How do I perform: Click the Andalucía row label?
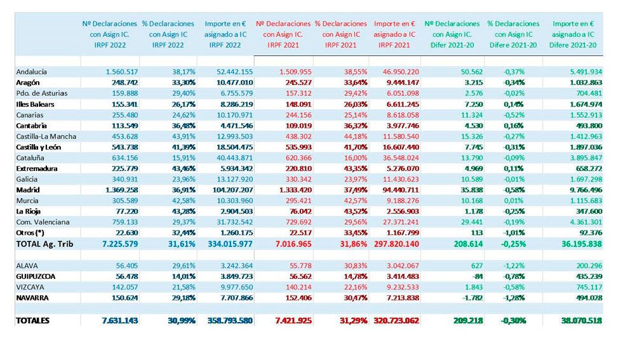tap(31, 72)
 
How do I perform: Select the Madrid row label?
tap(27, 190)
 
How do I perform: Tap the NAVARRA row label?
tap(33, 297)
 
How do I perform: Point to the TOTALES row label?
tap(32, 321)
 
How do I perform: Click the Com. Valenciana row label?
tap(44, 222)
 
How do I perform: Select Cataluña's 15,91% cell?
tap(180, 158)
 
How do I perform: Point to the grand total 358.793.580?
tap(230, 321)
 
